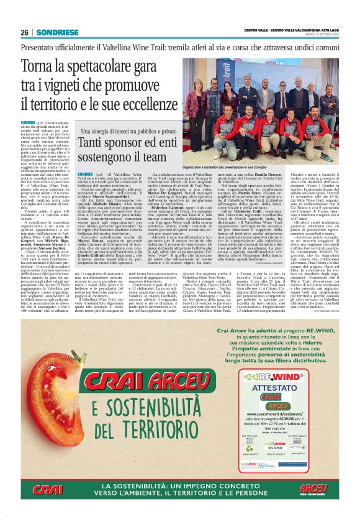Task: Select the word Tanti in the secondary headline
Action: tap(101, 145)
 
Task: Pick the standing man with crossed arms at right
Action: tap(328, 109)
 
